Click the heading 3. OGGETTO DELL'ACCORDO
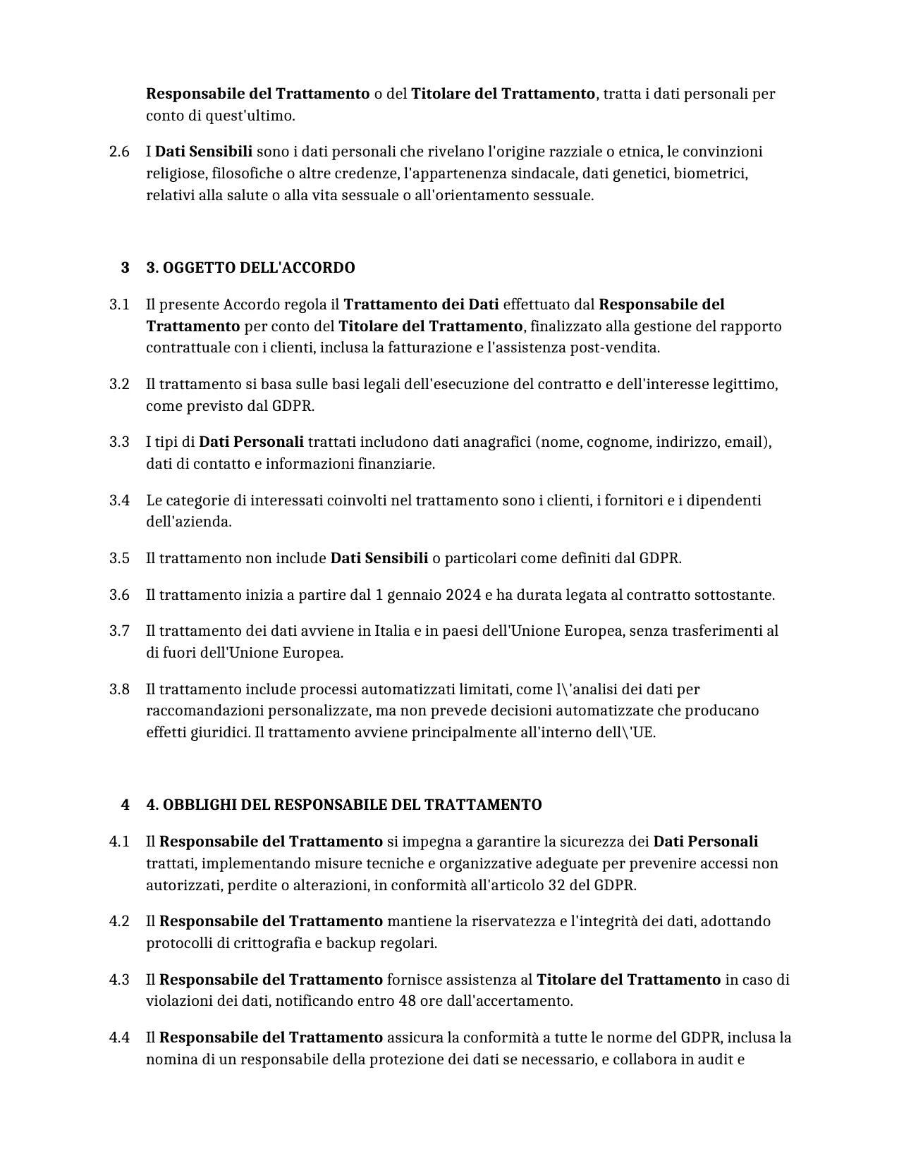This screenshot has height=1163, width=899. pos(250,268)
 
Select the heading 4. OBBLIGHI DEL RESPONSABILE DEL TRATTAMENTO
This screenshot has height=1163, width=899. pos(344,805)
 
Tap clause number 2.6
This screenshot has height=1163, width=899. pos(119,152)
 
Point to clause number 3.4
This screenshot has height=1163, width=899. pos(119,500)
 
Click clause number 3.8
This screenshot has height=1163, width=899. pos(119,689)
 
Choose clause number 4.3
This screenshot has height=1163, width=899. pos(119,980)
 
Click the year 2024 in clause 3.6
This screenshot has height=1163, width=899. pos(463,595)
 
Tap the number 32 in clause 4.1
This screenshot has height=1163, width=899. pos(556,885)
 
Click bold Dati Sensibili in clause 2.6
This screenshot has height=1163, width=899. pos(203,152)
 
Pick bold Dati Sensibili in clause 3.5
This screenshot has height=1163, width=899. pos(379,558)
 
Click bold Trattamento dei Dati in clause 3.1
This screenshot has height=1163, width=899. pos(421,304)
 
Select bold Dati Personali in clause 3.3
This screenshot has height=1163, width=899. pos(251,442)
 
